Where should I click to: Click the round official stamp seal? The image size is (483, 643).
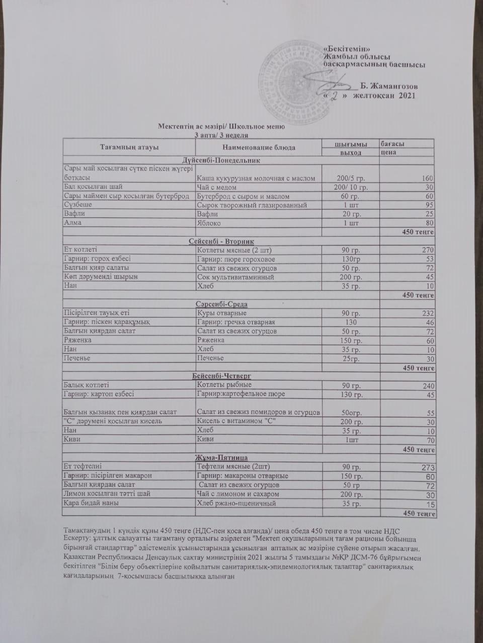(x=291, y=75)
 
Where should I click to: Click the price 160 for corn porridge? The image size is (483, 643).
(x=428, y=178)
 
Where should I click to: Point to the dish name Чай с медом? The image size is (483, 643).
(x=216, y=187)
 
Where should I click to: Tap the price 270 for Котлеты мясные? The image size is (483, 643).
(x=427, y=250)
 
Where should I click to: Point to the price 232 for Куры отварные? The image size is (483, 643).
(x=427, y=313)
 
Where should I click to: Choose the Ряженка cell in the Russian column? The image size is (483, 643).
(x=211, y=340)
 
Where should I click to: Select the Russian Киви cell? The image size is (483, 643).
(x=206, y=439)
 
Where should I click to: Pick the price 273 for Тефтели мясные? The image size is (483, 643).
(x=427, y=467)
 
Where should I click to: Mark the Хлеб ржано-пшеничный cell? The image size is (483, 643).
(x=236, y=503)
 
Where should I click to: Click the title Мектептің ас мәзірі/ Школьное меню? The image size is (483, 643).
(x=221, y=126)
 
